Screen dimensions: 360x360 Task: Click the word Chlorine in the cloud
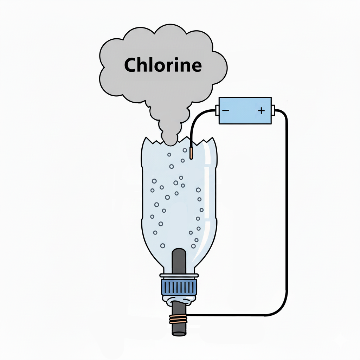click(x=163, y=65)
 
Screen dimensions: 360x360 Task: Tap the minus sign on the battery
click(x=226, y=110)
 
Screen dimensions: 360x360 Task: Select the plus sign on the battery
click(x=261, y=110)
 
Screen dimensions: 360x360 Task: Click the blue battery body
click(x=245, y=110)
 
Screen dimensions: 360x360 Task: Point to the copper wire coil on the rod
click(x=179, y=319)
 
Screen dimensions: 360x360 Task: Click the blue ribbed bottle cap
click(x=179, y=287)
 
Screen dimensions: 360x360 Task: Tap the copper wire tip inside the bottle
click(x=191, y=153)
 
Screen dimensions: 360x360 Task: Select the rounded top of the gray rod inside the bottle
click(x=179, y=252)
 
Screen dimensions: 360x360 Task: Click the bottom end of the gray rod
click(x=179, y=332)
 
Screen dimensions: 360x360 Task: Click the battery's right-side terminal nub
click(x=274, y=111)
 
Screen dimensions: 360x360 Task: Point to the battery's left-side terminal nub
click(x=217, y=111)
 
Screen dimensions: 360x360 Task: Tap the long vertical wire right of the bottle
click(x=287, y=211)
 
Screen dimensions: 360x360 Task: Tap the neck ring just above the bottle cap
click(x=179, y=275)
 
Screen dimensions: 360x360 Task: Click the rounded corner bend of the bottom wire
click(x=281, y=309)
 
